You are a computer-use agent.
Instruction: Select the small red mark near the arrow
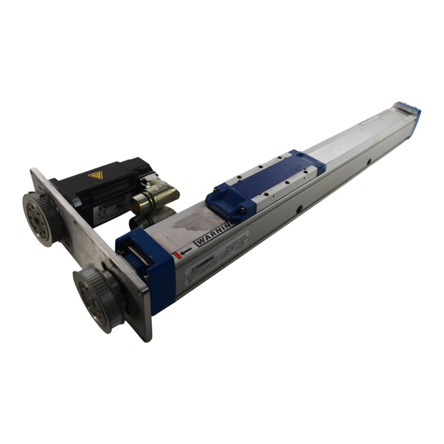tap(175, 255)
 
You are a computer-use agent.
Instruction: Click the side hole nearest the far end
tap(368, 163)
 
